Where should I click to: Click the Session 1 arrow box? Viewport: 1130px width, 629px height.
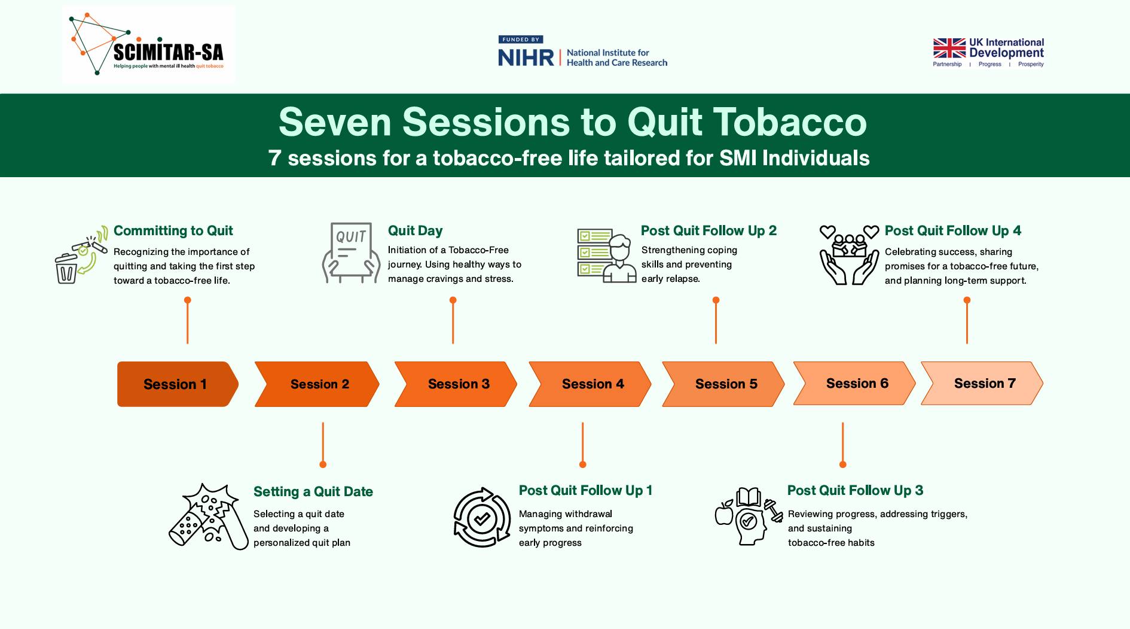tap(178, 384)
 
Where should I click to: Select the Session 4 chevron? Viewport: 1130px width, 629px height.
tap(590, 384)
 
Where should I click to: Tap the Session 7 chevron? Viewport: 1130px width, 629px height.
tap(982, 384)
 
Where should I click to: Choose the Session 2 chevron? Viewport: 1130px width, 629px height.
tap(317, 384)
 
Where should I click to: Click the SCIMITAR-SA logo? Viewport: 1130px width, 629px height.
tap(148, 45)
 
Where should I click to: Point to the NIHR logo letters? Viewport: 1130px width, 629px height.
tap(526, 57)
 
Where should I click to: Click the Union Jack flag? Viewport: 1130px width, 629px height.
tap(949, 48)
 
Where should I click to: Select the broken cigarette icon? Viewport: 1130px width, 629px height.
tap(209, 516)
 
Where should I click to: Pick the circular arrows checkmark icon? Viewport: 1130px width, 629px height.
tap(482, 518)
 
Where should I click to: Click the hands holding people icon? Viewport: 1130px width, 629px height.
tap(849, 255)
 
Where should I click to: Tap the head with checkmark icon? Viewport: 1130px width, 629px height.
tap(749, 516)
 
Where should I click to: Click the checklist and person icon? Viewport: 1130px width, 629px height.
tap(607, 256)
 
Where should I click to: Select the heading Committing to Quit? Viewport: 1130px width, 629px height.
tap(173, 231)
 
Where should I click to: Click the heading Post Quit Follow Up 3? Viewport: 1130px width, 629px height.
tap(855, 491)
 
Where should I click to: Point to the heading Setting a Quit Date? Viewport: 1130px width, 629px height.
tap(313, 492)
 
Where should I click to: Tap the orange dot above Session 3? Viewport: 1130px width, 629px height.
tap(453, 300)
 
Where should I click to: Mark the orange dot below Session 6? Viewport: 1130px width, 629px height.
tap(843, 464)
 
